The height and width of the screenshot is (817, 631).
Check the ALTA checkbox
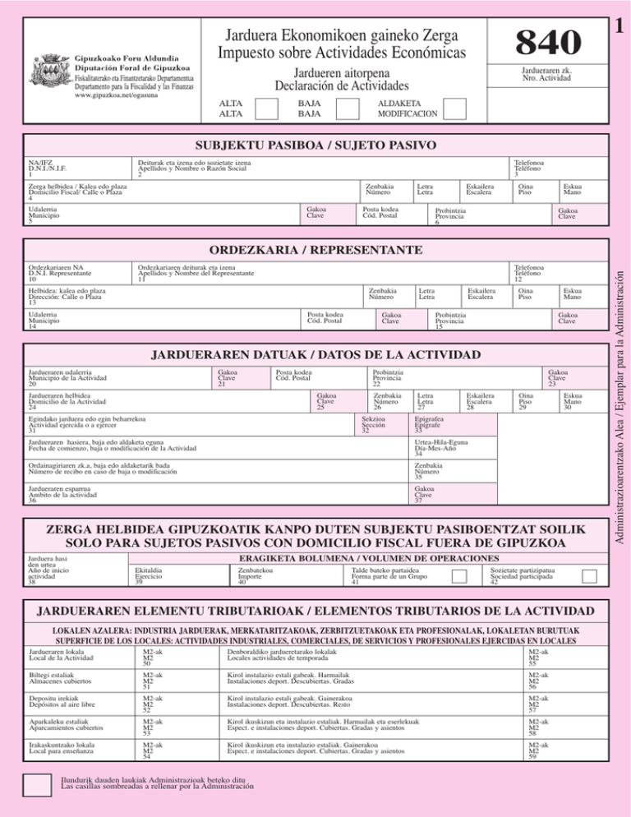coord(267,108)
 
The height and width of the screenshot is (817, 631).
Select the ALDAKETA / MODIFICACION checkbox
coord(454,108)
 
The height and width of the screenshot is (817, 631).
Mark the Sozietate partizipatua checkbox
coord(588,576)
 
